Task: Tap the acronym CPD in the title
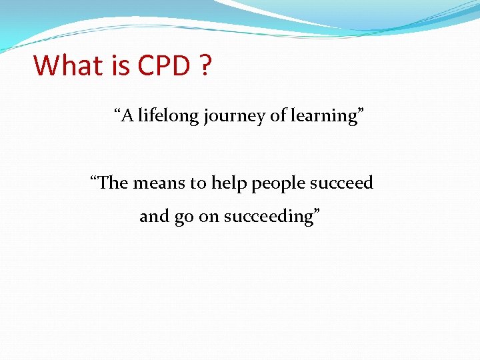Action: pyautogui.click(x=164, y=65)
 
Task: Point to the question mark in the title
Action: pyautogui.click(x=205, y=65)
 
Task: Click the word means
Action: pyautogui.click(x=159, y=183)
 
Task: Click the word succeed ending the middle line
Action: pyautogui.click(x=341, y=183)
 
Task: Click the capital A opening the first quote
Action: pyautogui.click(x=127, y=116)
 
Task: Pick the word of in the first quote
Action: pyautogui.click(x=277, y=116)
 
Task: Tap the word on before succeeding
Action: pyautogui.click(x=210, y=217)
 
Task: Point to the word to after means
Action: pyautogui.click(x=199, y=183)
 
